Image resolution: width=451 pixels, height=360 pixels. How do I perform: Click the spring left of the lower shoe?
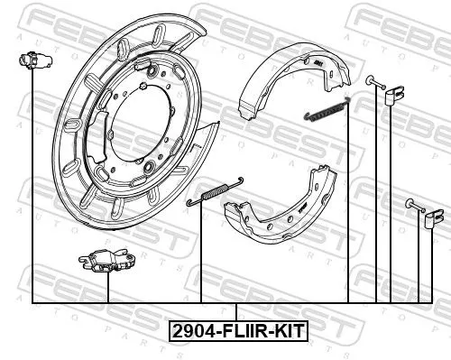point(211,191)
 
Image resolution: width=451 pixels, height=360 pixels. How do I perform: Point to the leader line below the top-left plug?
point(32,180)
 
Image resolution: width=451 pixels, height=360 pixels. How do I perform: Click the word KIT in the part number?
point(288,330)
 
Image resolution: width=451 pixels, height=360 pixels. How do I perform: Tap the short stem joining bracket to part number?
point(237,311)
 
